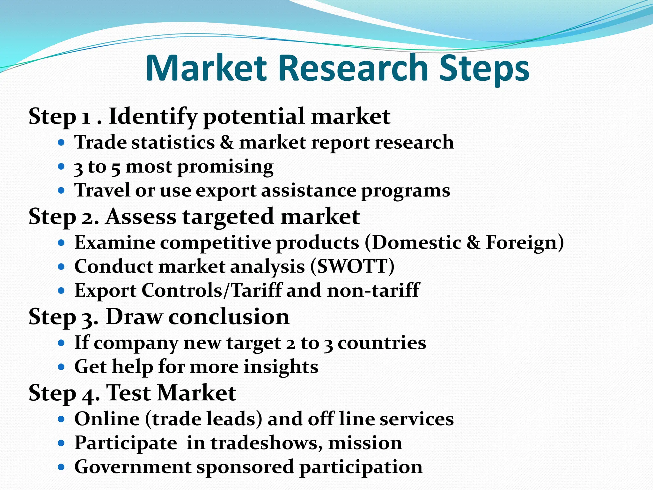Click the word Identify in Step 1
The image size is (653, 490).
pyautogui.click(x=153, y=117)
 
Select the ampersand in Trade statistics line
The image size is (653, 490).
pyautogui.click(x=227, y=142)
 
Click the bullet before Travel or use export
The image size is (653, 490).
pyautogui.click(x=62, y=191)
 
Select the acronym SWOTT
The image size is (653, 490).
pyautogui.click(x=352, y=266)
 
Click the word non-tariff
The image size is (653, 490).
pyautogui.click(x=373, y=290)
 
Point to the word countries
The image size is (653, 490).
pyautogui.click(x=382, y=343)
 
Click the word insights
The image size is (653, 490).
pyautogui.click(x=281, y=367)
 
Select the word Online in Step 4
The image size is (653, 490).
pyautogui.click(x=107, y=419)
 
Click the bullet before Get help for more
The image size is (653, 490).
pyautogui.click(x=62, y=367)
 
